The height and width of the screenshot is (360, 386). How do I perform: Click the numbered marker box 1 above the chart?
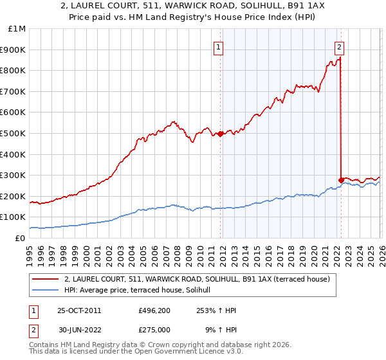(x=219, y=46)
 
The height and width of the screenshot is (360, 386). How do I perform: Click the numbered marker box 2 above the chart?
(x=339, y=46)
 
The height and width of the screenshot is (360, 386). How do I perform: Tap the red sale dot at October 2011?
(x=220, y=134)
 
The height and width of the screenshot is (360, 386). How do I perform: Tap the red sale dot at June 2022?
(x=340, y=180)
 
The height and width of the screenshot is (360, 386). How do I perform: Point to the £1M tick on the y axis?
(x=17, y=29)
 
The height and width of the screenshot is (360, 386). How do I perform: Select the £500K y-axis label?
(x=14, y=133)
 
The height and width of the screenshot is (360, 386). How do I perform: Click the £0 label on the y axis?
(x=19, y=238)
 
